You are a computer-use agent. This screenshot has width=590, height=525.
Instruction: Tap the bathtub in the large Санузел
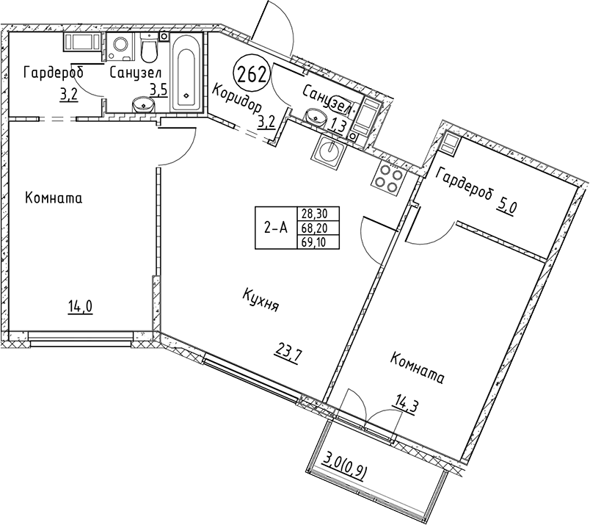(186, 72)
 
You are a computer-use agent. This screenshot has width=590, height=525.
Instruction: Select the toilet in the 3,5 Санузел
(150, 48)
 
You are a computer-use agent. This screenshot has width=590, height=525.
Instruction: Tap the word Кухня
(261, 300)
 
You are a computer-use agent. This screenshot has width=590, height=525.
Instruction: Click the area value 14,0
(80, 308)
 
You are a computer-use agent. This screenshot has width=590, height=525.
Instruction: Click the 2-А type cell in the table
(276, 228)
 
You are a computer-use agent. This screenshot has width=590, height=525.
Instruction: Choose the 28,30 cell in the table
(318, 214)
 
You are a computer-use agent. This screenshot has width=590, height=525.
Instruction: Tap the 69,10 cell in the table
(318, 242)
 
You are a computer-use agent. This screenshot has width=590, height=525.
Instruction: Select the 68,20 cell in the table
(318, 228)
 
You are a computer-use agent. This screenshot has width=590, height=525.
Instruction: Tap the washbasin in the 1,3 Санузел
(315, 116)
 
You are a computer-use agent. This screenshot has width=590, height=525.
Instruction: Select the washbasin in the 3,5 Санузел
(142, 104)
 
